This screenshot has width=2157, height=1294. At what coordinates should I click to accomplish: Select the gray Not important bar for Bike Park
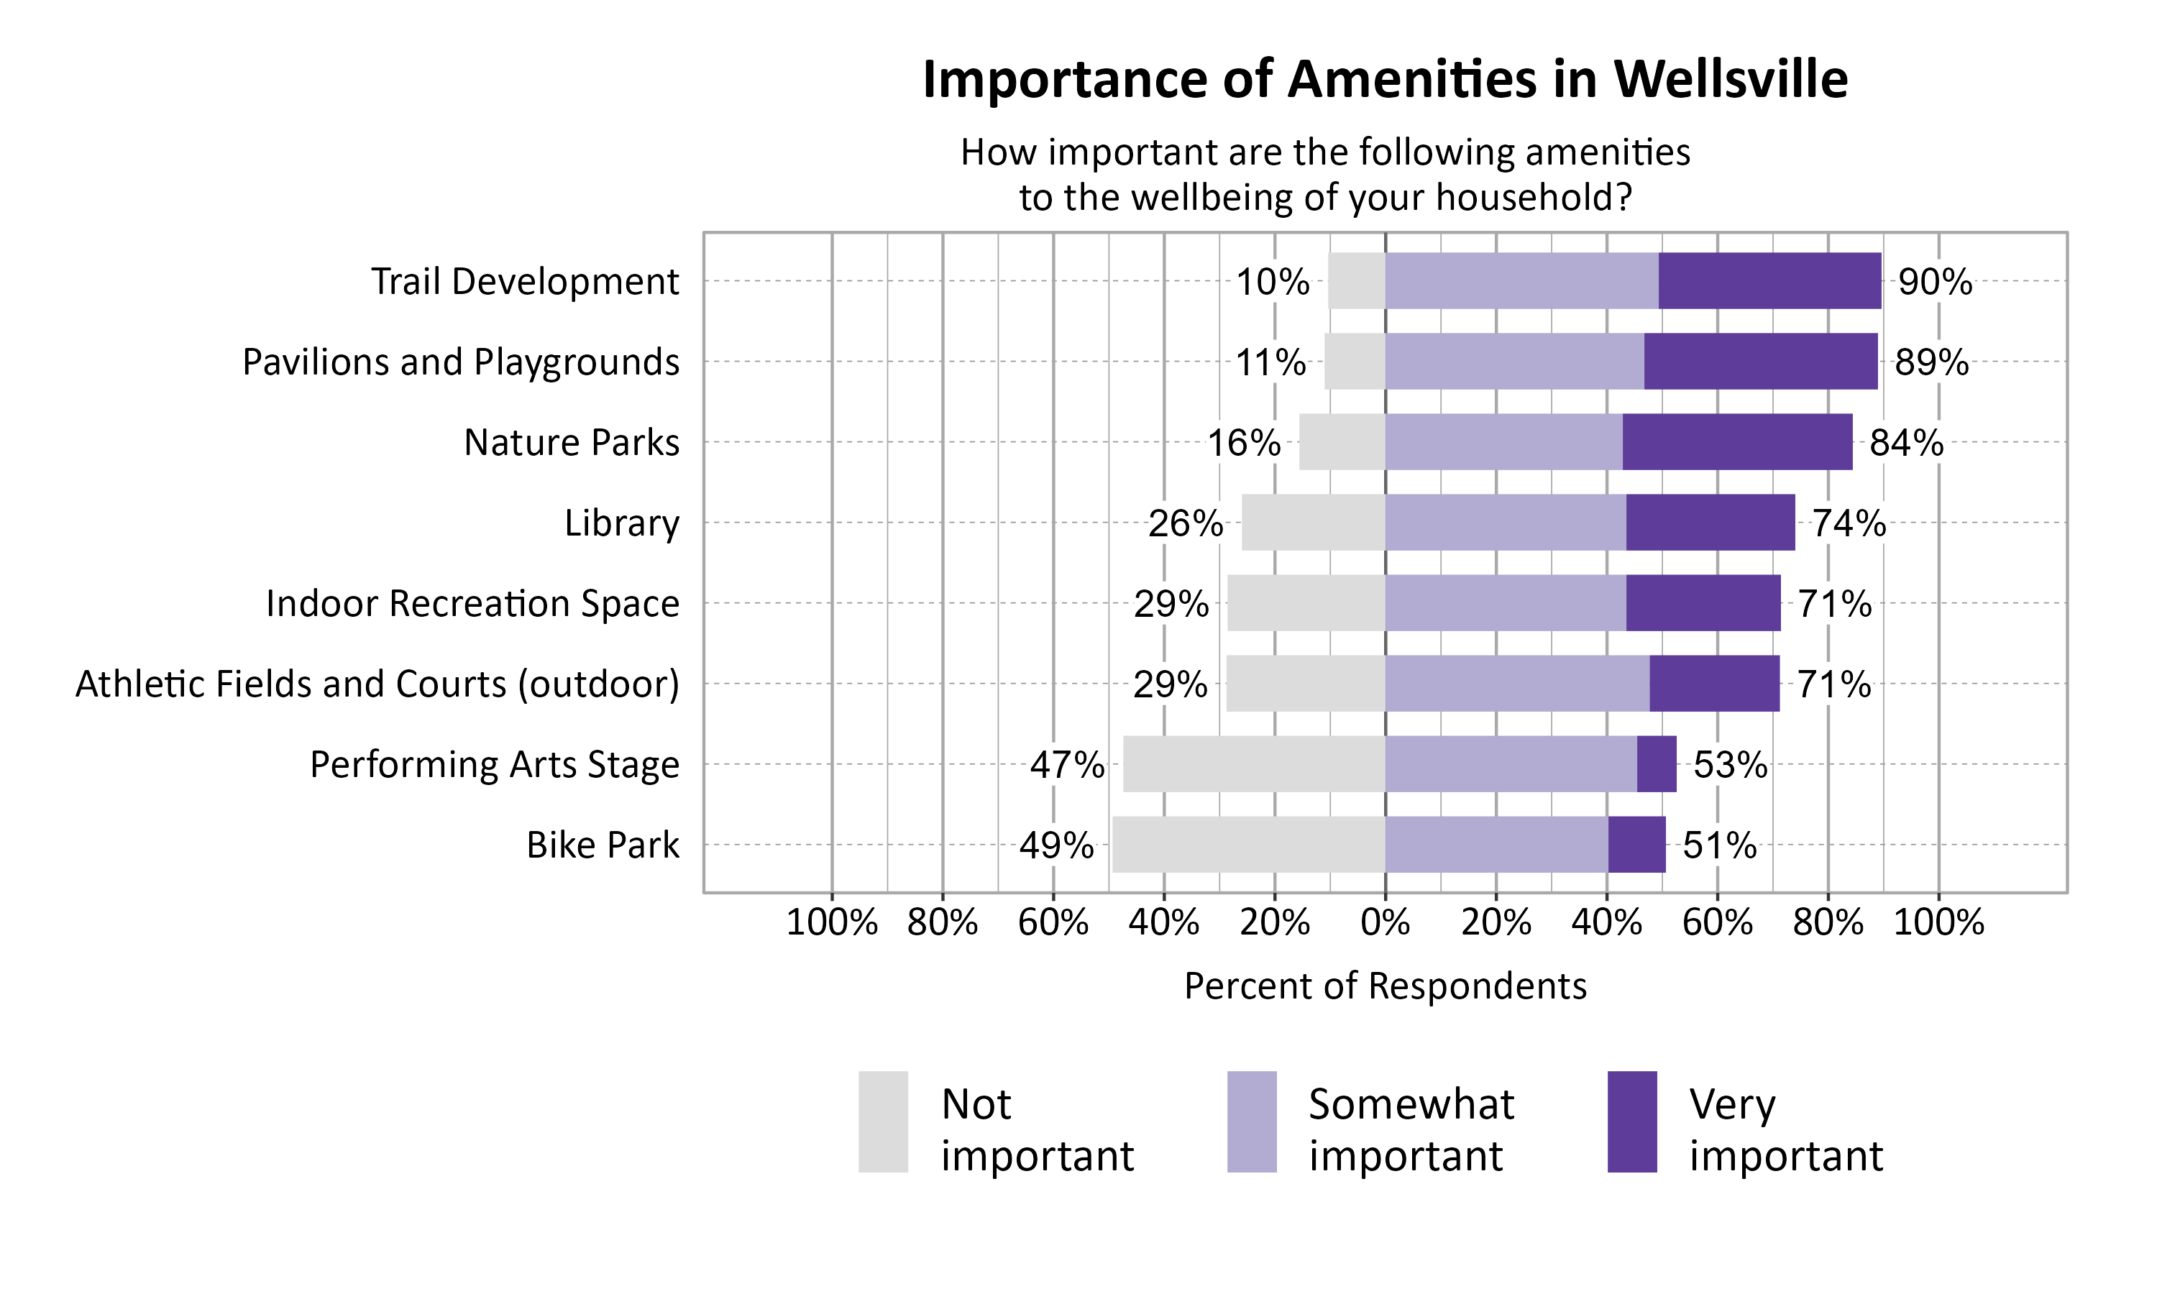(1247, 844)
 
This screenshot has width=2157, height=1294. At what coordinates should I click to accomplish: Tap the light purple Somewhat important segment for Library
(1505, 523)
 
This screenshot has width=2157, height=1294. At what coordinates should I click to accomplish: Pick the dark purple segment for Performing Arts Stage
(1656, 764)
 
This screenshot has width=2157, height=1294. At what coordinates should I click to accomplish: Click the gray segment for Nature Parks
(1341, 442)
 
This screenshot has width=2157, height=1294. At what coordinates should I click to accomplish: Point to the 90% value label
(1935, 283)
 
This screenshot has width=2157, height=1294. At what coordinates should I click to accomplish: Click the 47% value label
(1066, 766)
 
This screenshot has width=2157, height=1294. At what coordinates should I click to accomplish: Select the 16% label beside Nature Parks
(1243, 444)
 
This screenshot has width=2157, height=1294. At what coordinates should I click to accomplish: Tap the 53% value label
(1730, 766)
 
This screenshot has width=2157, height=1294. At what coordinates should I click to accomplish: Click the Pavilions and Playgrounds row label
(460, 362)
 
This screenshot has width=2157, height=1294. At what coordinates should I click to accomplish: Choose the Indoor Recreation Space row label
(472, 603)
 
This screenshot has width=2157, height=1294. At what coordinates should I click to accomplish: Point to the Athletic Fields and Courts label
(377, 684)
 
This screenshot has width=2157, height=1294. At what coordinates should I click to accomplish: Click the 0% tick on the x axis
(1385, 922)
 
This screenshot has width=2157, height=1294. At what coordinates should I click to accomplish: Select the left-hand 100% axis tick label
(831, 922)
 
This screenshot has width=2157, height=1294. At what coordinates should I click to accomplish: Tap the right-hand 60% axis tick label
(1717, 922)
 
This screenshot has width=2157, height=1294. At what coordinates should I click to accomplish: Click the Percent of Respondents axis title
(1385, 986)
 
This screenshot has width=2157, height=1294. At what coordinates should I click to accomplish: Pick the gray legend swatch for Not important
(882, 1121)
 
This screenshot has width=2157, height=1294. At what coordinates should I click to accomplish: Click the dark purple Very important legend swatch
(1631, 1121)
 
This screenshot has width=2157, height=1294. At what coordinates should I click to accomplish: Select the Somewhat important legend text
(1411, 1129)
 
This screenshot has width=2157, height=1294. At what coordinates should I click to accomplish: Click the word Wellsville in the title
(1730, 79)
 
